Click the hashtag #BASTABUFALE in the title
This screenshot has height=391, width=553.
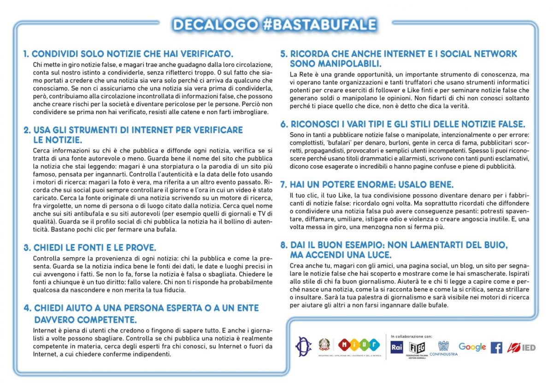point(320,24)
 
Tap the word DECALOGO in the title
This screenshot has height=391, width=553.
point(214,24)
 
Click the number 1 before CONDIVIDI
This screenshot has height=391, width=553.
point(26,54)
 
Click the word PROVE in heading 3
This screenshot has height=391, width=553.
point(141,247)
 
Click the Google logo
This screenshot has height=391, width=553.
point(472,347)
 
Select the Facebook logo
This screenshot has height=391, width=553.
point(496,347)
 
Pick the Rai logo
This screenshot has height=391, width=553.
point(397,347)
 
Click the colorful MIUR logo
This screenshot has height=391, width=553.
point(359,344)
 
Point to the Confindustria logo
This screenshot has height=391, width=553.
point(443,348)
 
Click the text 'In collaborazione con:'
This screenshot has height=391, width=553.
point(412,336)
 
